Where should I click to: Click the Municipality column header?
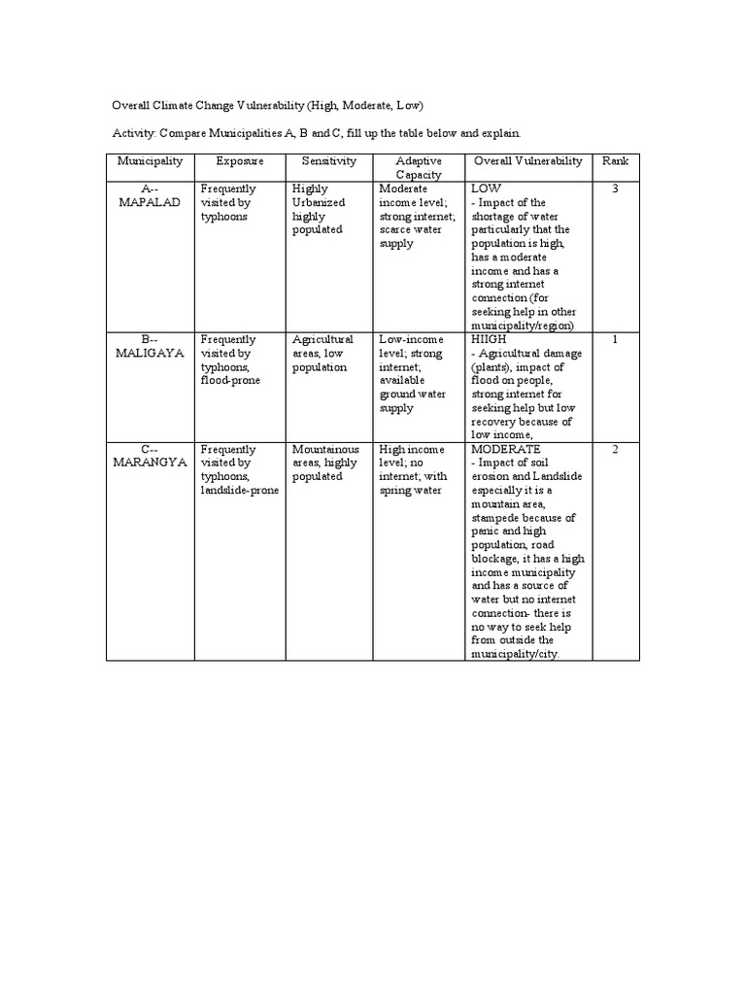151,160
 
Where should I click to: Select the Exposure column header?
240,160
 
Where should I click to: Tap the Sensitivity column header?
329,160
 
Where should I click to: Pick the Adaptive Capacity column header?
420,167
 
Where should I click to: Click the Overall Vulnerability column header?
528,160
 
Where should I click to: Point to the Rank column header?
616,160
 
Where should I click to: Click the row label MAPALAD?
150,203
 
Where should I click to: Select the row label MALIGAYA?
150,354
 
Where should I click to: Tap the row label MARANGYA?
150,463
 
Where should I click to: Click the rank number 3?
616,189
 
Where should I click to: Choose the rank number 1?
616,340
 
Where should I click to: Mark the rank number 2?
616,450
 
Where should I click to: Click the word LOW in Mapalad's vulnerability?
486,189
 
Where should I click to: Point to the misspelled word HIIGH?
489,340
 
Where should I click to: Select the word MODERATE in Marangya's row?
505,450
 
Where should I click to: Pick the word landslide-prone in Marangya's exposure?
239,491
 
